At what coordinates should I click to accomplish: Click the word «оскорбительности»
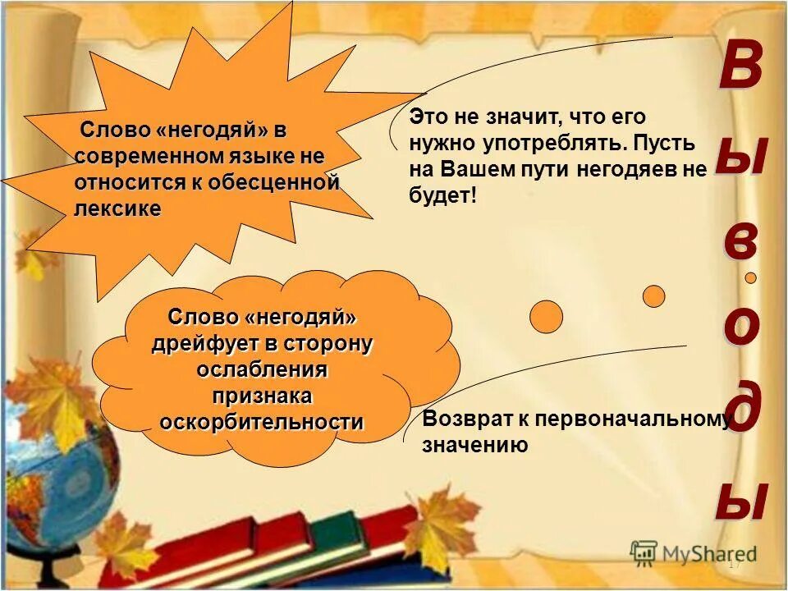pyautogui.click(x=262, y=422)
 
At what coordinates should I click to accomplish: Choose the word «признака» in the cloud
pyautogui.click(x=262, y=396)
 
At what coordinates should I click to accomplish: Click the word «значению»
pyautogui.click(x=474, y=446)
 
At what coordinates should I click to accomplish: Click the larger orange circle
pyautogui.click(x=546, y=316)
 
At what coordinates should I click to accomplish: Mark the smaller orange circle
pyautogui.click(x=653, y=295)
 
